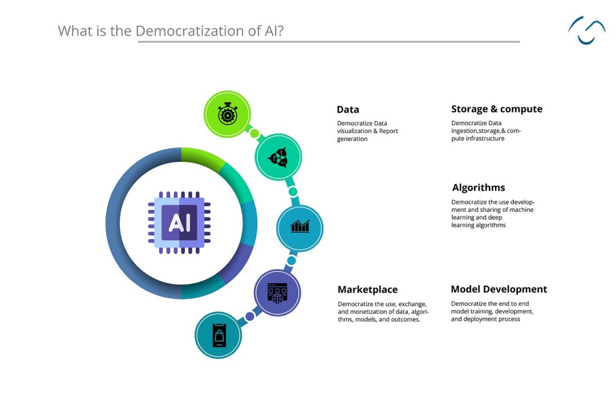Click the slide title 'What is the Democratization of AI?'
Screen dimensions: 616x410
pos(171,31)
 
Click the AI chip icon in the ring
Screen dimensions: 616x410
pos(180,223)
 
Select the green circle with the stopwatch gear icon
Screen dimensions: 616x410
pos(227,114)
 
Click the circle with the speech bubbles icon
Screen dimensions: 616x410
pos(278,157)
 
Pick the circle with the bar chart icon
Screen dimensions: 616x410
pos(300,228)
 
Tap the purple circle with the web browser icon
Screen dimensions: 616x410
pos(277,293)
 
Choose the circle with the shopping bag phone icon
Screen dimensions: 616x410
pos(218,335)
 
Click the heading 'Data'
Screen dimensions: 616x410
pos(348,109)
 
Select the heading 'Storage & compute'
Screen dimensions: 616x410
pos(497,109)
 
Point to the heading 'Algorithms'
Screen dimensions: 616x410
pos(479,187)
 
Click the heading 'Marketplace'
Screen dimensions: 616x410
pos(368,289)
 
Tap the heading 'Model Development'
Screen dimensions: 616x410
pos(499,289)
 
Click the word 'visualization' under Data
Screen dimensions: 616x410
pos(354,131)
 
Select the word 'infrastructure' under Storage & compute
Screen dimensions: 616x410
pos(485,138)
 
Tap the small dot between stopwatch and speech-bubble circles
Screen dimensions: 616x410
pos(254,134)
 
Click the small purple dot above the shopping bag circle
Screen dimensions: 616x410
pos(250,316)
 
